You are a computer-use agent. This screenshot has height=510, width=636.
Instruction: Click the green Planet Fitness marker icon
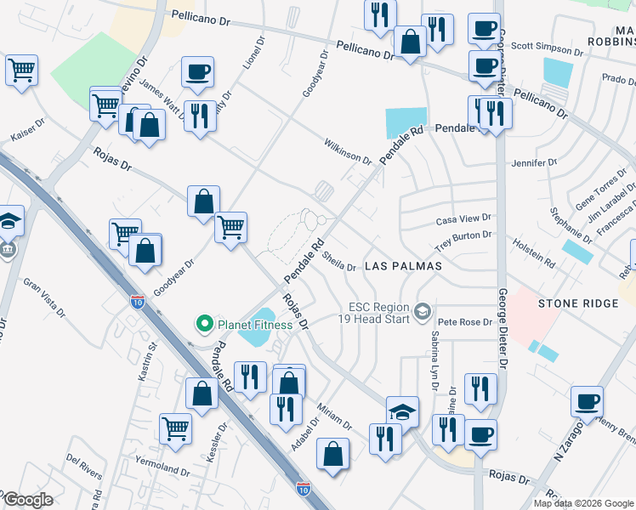coord(204,324)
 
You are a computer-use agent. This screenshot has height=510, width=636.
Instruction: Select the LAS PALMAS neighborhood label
coord(403,266)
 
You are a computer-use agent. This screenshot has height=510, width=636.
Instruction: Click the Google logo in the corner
coord(27,500)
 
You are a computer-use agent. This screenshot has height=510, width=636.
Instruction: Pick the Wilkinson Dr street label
coord(347,152)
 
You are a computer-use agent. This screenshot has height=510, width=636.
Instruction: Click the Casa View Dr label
coord(463,219)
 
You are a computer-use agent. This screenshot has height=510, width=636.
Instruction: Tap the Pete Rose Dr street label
coord(465,322)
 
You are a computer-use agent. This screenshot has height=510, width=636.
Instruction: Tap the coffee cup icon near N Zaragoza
coord(588,402)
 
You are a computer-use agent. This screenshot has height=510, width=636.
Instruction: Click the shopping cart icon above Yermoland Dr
coord(176,428)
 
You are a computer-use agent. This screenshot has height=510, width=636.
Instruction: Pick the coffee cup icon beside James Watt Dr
coord(197,71)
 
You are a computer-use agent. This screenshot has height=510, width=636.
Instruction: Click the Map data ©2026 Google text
coord(582,503)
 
